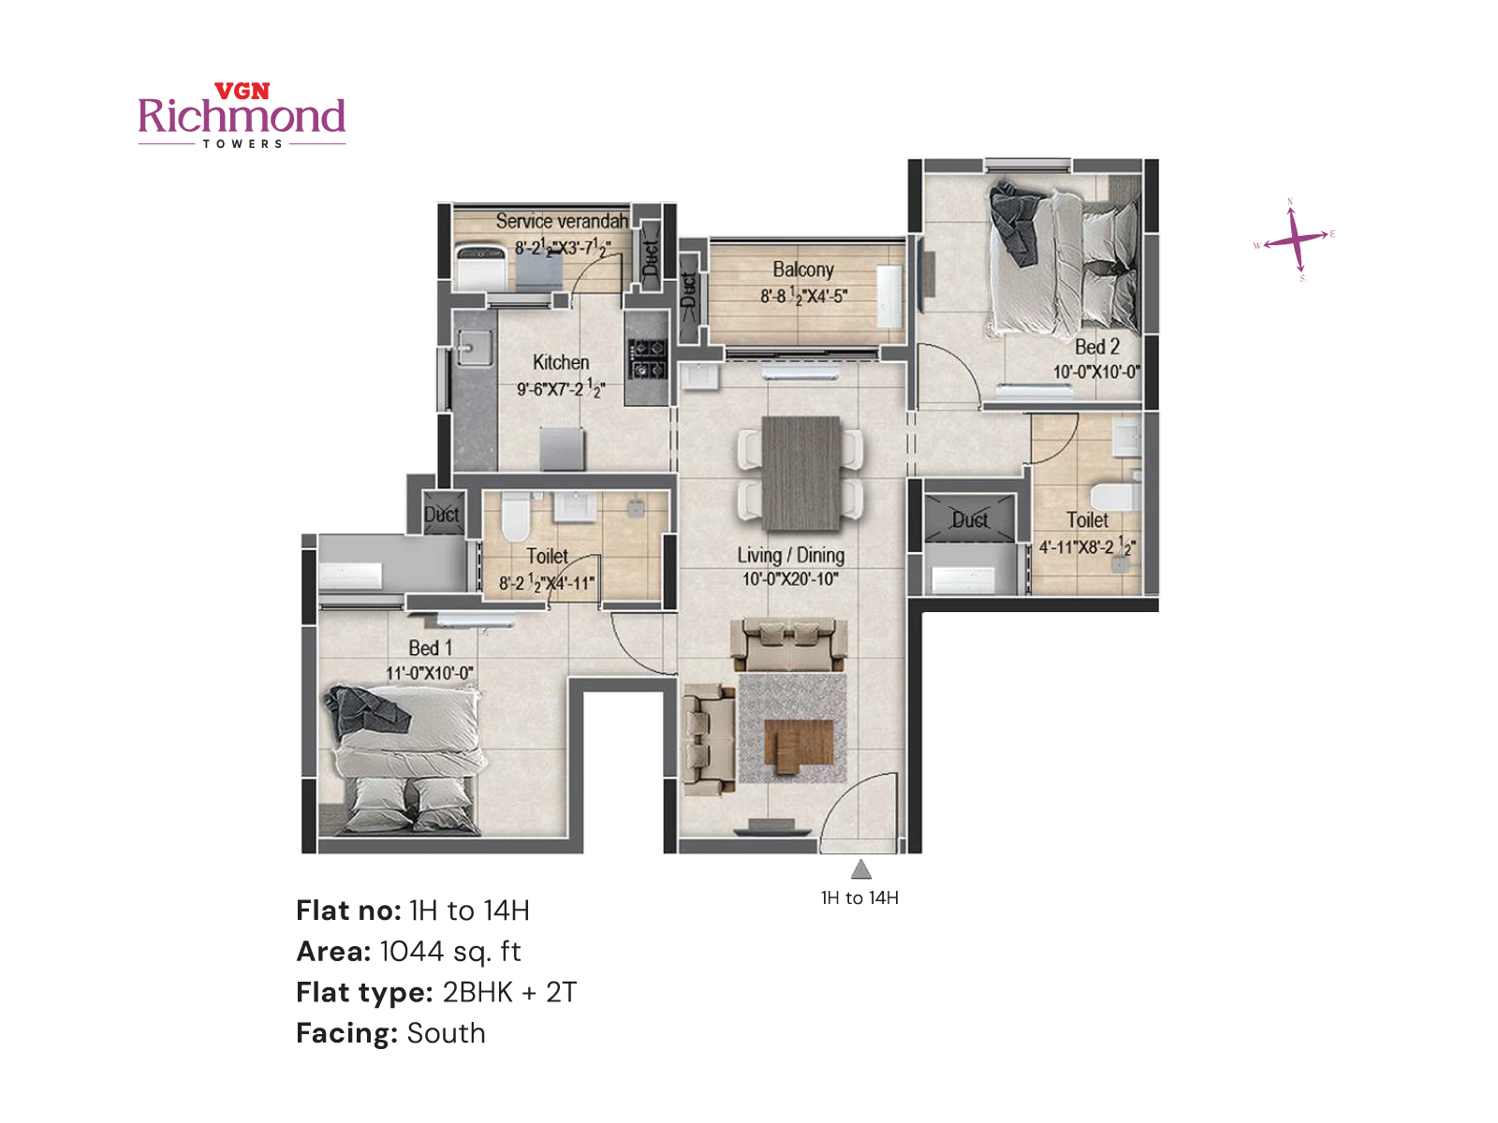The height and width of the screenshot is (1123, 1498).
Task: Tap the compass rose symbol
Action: coord(1295,239)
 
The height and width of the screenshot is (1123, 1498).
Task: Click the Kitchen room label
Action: coord(561,362)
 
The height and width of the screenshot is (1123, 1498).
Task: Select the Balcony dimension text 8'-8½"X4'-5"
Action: coord(803,296)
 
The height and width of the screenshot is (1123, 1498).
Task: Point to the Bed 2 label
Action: coord(1096,346)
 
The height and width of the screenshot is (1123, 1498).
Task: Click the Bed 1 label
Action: coord(430,648)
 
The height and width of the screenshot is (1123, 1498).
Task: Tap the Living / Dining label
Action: coord(790,555)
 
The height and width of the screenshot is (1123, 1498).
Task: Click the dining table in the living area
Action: coord(800,474)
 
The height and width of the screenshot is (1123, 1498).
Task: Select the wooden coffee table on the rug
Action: coord(798,746)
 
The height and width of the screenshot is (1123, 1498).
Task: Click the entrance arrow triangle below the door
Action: coord(861,870)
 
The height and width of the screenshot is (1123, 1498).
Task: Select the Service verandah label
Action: coord(562,221)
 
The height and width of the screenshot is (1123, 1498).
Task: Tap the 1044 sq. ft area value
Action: coord(450,952)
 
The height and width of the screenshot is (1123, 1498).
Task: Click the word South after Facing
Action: coord(447,1033)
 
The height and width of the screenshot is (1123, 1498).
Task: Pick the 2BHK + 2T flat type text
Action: coord(509,992)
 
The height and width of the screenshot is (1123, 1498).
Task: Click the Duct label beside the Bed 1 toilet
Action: coord(442,515)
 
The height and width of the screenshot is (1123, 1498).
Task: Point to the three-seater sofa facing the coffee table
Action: coord(788,644)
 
